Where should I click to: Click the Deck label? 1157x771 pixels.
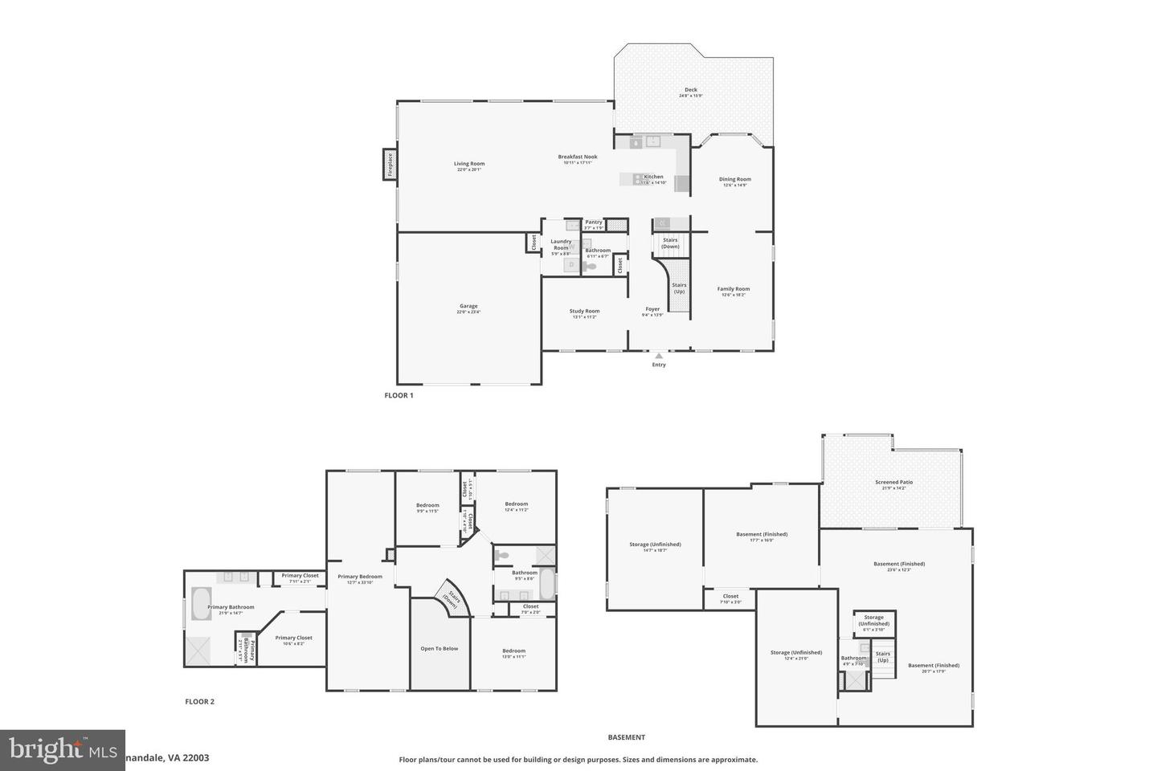click(x=690, y=90)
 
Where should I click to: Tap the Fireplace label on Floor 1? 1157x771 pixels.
click(x=390, y=164)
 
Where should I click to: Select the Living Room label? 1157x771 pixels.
click(x=469, y=164)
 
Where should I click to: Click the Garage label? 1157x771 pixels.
click(x=468, y=306)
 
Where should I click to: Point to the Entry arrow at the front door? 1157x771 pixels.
click(x=659, y=356)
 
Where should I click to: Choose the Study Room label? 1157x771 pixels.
click(x=584, y=311)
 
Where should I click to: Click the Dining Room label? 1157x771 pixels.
click(x=734, y=180)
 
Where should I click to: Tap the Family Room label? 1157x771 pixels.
click(x=734, y=289)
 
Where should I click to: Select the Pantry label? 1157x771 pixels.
click(x=594, y=222)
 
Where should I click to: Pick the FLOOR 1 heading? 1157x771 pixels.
click(x=399, y=395)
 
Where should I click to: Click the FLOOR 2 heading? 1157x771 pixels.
click(x=200, y=701)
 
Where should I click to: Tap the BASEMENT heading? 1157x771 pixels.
click(x=626, y=737)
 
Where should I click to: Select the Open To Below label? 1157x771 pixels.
click(x=439, y=648)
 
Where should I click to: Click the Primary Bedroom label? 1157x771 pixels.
click(x=359, y=577)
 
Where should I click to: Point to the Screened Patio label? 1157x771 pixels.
click(x=893, y=483)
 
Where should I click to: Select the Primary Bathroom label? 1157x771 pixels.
click(x=231, y=607)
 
